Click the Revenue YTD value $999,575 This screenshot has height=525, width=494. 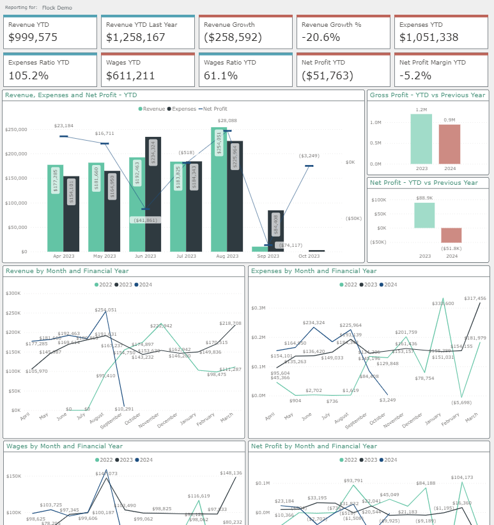click(33, 38)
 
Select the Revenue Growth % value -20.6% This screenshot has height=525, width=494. click(321, 38)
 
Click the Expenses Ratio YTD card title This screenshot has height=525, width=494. click(38, 63)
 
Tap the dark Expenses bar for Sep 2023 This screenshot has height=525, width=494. click(275, 231)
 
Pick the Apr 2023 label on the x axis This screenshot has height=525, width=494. click(63, 256)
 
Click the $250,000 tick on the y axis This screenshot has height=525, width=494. click(16, 129)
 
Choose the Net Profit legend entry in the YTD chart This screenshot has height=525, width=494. click(215, 109)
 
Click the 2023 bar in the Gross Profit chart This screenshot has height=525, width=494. click(421, 139)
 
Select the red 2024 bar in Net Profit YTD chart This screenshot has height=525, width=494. click(451, 235)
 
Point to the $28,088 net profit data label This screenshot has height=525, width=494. click(227, 120)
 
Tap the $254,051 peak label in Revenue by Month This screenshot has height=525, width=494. click(105, 310)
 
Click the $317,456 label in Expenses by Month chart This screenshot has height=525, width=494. click(474, 298)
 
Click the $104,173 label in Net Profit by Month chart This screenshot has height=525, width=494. click(461, 477)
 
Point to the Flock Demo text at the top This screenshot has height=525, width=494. click(57, 8)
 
